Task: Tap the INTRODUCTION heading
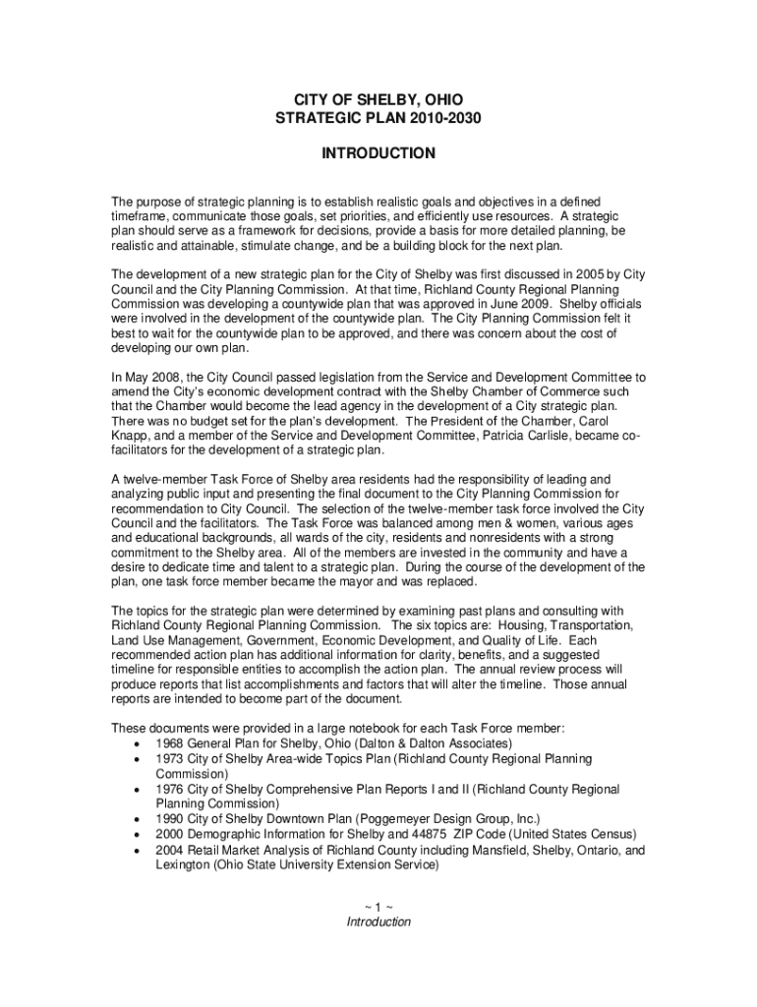point(378,153)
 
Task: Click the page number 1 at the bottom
point(378,906)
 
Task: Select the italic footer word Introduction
point(378,921)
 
